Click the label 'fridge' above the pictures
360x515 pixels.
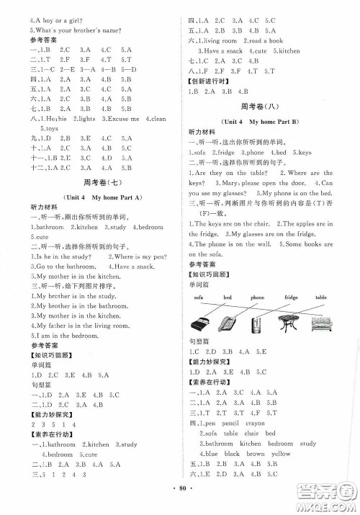pos(291,297)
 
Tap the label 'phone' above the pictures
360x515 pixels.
pos(258,297)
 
